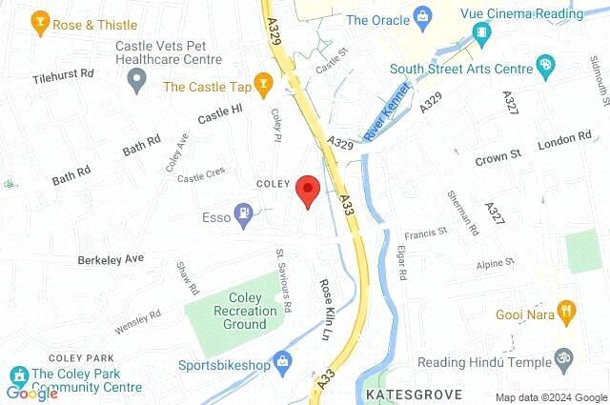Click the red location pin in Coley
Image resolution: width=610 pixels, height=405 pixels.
[307, 191]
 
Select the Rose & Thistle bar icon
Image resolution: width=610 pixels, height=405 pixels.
[40, 21]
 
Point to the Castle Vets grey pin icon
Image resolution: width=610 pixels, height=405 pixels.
[134, 81]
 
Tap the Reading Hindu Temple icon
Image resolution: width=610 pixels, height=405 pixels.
[563, 361]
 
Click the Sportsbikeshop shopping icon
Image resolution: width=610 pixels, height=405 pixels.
[282, 362]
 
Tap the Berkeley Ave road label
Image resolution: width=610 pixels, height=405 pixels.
[111, 258]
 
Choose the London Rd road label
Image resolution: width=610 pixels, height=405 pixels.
[564, 141]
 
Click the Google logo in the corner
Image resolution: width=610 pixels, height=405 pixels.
[31, 393]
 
